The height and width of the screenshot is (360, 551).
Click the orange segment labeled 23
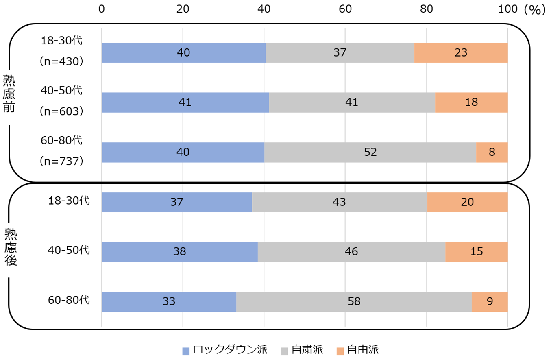coord(461,52)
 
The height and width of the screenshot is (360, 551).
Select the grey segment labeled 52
coord(370,152)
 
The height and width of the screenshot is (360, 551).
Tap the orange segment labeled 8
coord(492,152)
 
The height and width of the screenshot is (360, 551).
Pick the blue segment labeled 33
coord(169,302)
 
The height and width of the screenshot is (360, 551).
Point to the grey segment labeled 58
coord(354,302)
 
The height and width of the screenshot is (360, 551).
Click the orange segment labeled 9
coord(490,302)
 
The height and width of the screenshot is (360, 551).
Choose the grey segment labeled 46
coord(351,252)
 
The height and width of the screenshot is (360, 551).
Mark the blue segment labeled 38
coord(179,252)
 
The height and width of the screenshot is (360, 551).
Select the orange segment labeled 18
coord(471,103)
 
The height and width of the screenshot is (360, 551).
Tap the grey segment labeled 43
coord(339,202)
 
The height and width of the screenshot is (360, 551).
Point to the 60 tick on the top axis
coord(345,9)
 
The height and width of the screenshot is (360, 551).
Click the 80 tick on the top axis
coord(427,9)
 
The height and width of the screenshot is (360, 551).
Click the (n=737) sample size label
coord(62,161)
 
